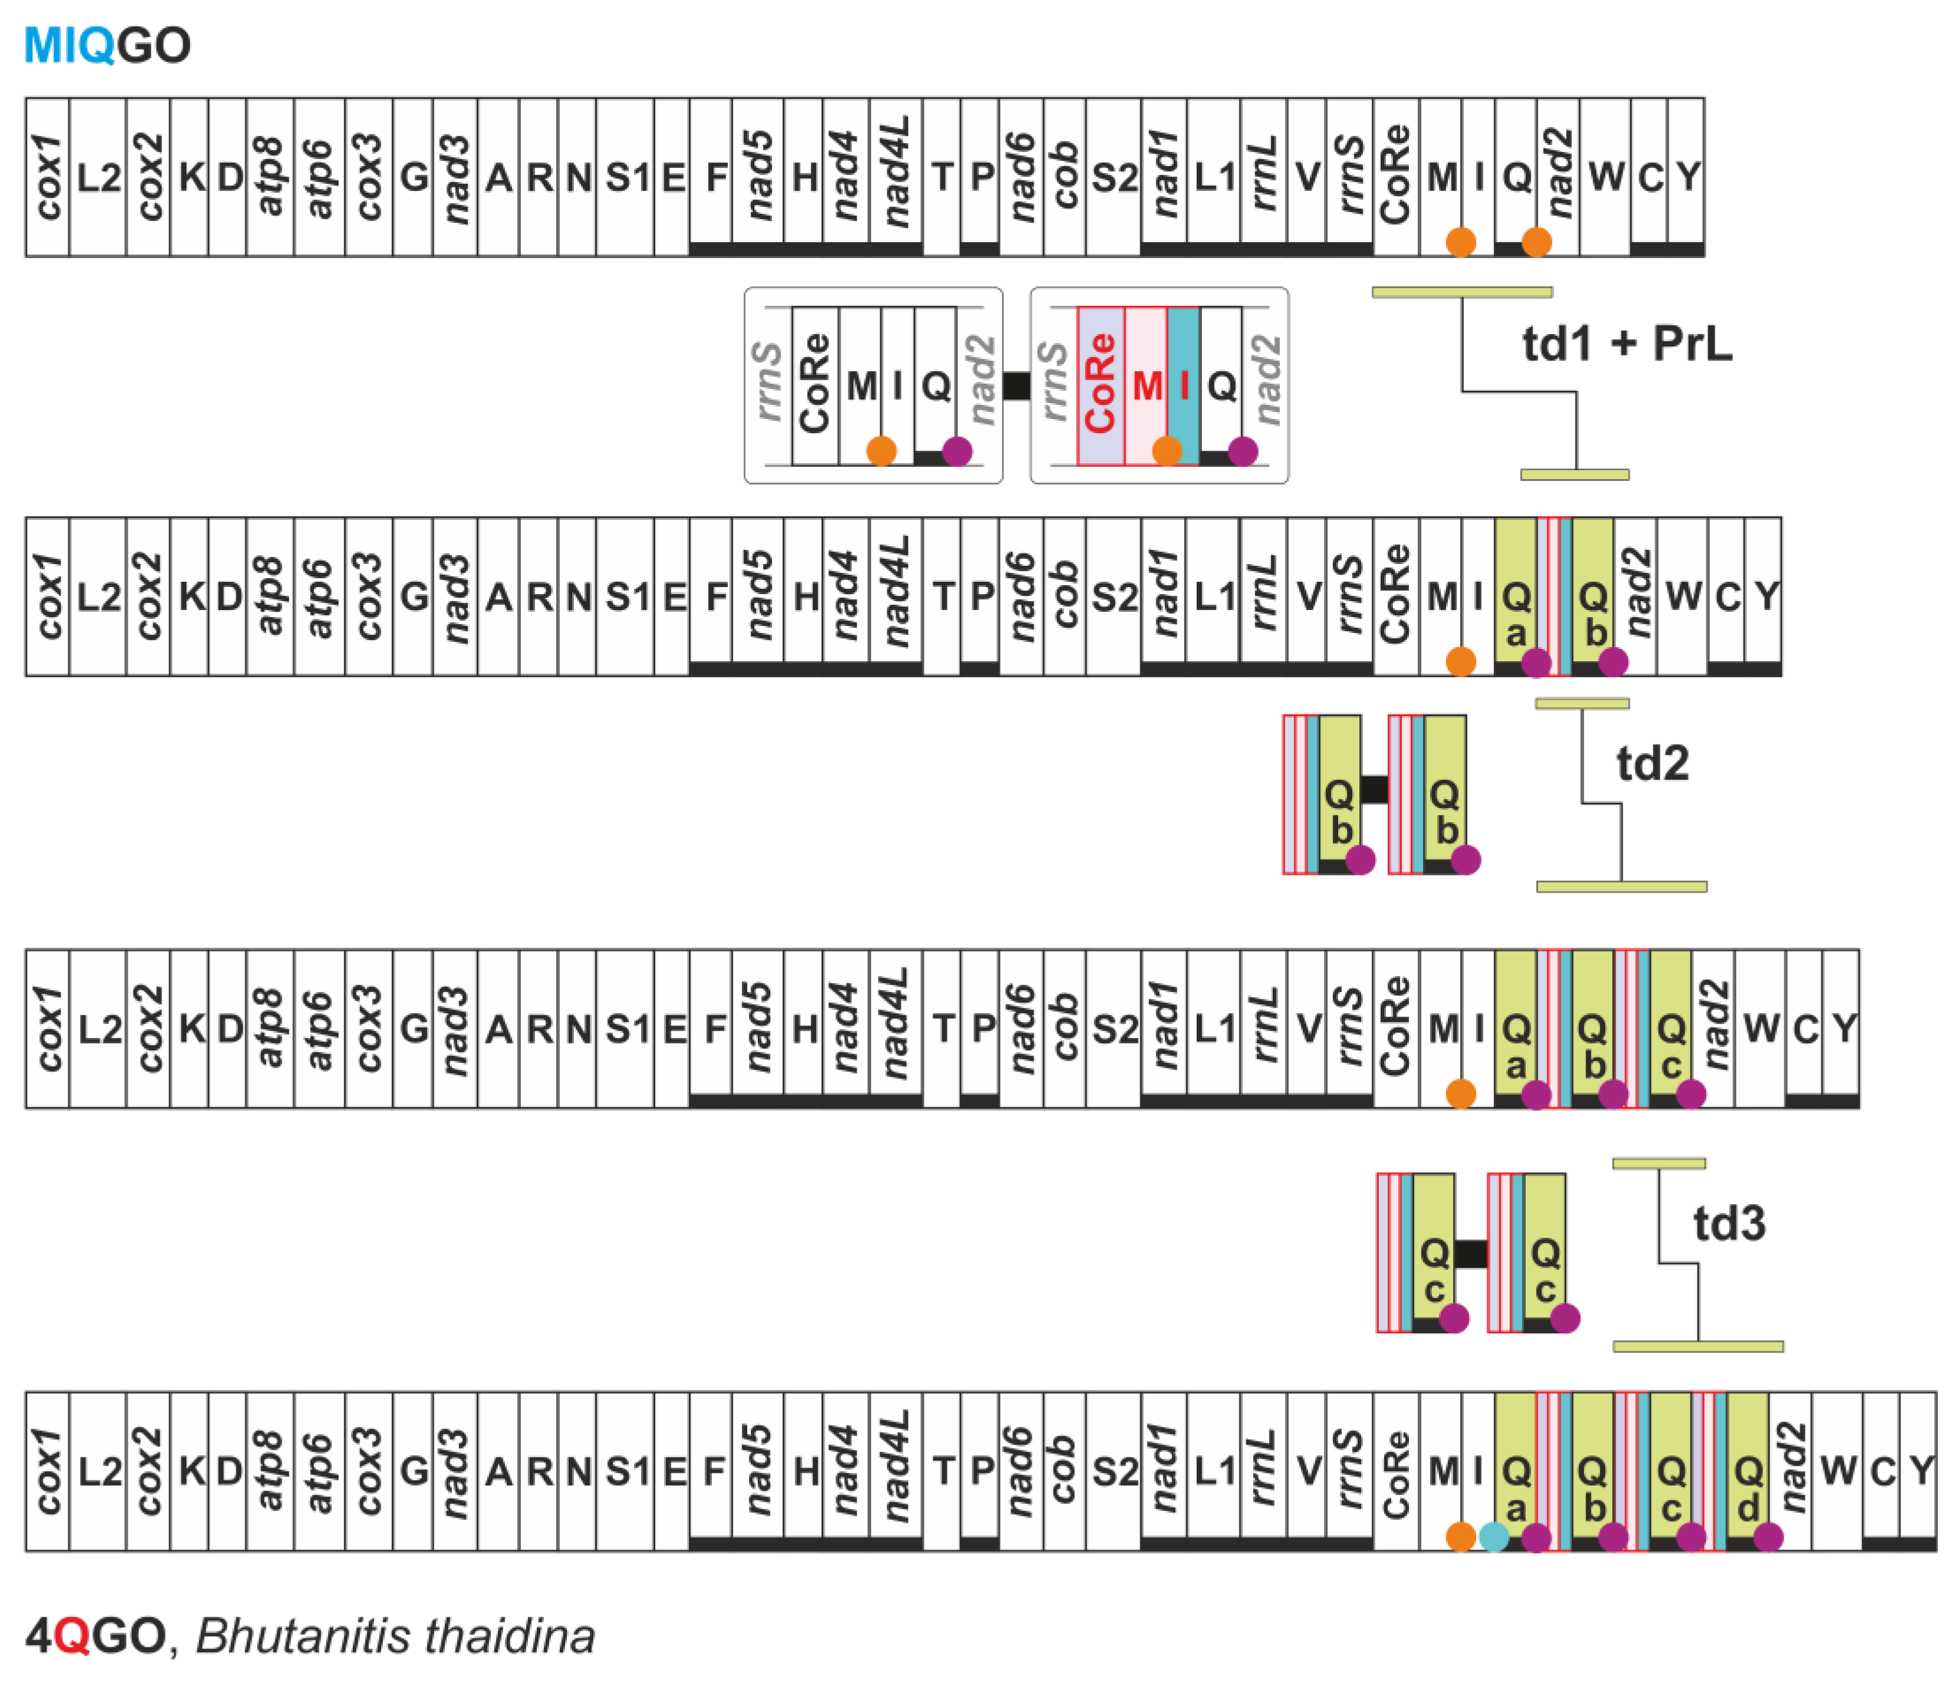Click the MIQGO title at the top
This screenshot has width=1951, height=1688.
coord(107,45)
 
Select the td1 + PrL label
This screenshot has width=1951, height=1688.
coord(1626,344)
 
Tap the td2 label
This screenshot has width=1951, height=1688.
coord(1652,763)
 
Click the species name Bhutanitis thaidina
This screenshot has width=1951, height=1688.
coord(395,1636)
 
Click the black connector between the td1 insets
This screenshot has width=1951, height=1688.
coord(1016,385)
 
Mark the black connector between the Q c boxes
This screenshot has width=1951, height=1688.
coord(1471,1254)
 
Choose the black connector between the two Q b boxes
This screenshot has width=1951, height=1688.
coord(1375,789)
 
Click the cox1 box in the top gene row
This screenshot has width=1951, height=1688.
coord(47,177)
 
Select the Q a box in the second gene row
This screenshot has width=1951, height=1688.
coord(1515,595)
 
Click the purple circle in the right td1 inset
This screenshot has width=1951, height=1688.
coord(1243,451)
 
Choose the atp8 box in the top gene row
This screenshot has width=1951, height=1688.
coord(270,177)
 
